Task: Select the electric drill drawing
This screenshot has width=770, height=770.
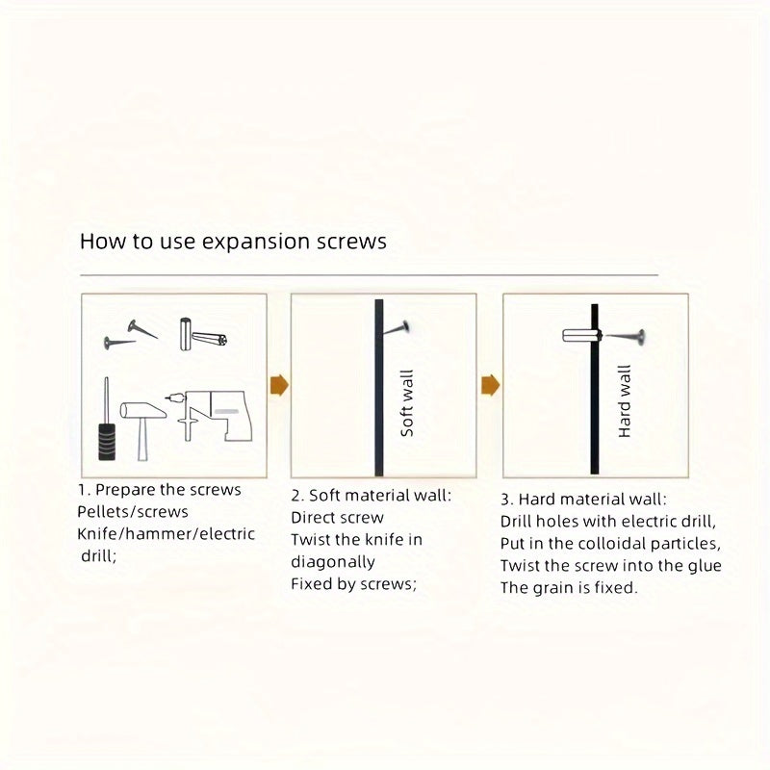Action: coord(210,416)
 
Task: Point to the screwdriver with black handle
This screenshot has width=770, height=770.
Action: coord(107,419)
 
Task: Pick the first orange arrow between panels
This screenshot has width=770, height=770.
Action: coord(279,384)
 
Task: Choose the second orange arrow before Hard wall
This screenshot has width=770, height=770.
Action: coord(491,384)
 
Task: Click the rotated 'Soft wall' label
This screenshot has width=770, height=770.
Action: coord(407,403)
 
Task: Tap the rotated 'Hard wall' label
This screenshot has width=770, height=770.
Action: coord(624,401)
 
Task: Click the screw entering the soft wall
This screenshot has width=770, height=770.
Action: coord(396,328)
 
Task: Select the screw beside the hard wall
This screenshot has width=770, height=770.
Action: coord(625,336)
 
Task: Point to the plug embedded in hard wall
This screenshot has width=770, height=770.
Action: coord(582,336)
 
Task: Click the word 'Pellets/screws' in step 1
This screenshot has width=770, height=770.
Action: coord(133,512)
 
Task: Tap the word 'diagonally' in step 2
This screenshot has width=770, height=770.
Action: coord(333,562)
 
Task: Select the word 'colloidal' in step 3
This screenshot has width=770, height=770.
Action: coord(611,544)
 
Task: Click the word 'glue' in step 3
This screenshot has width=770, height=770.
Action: coord(705,566)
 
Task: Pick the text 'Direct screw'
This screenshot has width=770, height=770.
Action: coord(338,518)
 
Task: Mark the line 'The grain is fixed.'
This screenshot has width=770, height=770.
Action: coord(569,588)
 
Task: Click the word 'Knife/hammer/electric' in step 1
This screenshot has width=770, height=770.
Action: coord(166,534)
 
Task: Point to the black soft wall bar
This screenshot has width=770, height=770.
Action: coord(379,388)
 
